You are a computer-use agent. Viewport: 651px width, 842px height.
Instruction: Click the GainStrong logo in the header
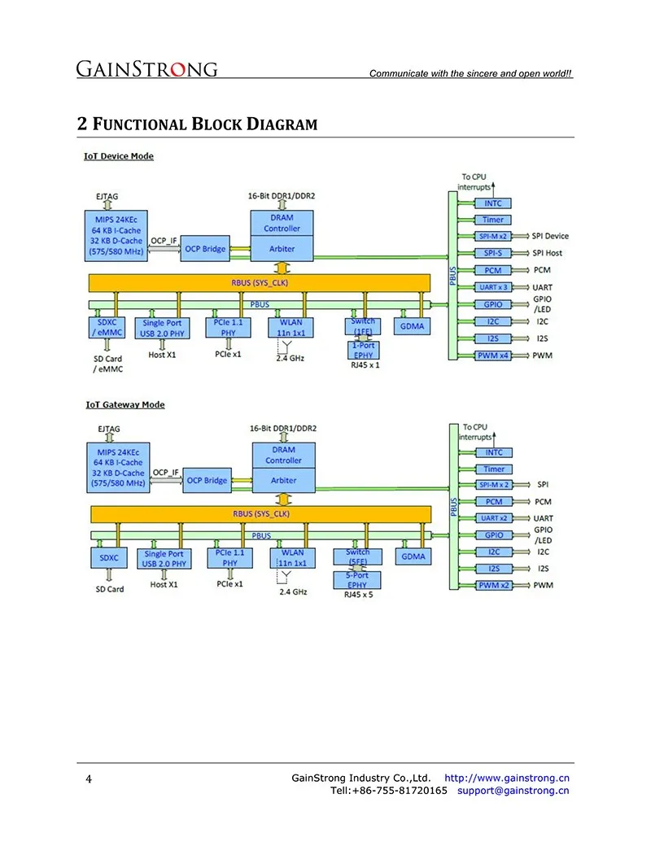[x=146, y=68]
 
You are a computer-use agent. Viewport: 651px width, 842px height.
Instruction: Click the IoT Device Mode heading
[x=119, y=156]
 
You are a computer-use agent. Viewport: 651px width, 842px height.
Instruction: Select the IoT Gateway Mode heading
[x=125, y=405]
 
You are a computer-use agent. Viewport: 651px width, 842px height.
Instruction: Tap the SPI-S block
[x=493, y=253]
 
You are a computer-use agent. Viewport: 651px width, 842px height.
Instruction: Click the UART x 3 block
[x=493, y=287]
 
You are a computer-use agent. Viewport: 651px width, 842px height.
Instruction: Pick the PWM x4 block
[x=493, y=356]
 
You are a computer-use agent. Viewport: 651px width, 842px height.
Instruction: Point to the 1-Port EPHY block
[x=364, y=350]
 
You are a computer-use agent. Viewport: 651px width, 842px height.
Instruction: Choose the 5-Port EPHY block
[x=357, y=581]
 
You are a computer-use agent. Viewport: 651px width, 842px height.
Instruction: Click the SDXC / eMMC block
[x=107, y=328]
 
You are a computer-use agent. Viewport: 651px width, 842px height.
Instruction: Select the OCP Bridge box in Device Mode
[x=205, y=249]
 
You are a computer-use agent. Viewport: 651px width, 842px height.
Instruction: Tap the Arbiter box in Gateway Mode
[x=284, y=481]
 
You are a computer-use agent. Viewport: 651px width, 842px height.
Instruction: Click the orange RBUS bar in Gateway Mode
[x=261, y=514]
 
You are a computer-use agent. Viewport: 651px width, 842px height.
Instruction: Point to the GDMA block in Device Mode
[x=412, y=326]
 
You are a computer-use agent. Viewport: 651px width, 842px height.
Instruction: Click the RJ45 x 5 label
[x=358, y=595]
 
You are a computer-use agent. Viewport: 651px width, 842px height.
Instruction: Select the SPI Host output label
[x=548, y=253]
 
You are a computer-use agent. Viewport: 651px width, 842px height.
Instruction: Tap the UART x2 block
[x=494, y=518]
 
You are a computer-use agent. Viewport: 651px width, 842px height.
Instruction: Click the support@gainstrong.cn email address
[x=513, y=791]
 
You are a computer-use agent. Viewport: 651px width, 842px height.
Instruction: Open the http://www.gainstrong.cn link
[x=506, y=778]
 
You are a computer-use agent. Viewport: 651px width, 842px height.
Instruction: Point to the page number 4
[x=89, y=779]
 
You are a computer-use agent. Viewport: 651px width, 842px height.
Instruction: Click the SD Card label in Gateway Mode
[x=110, y=589]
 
